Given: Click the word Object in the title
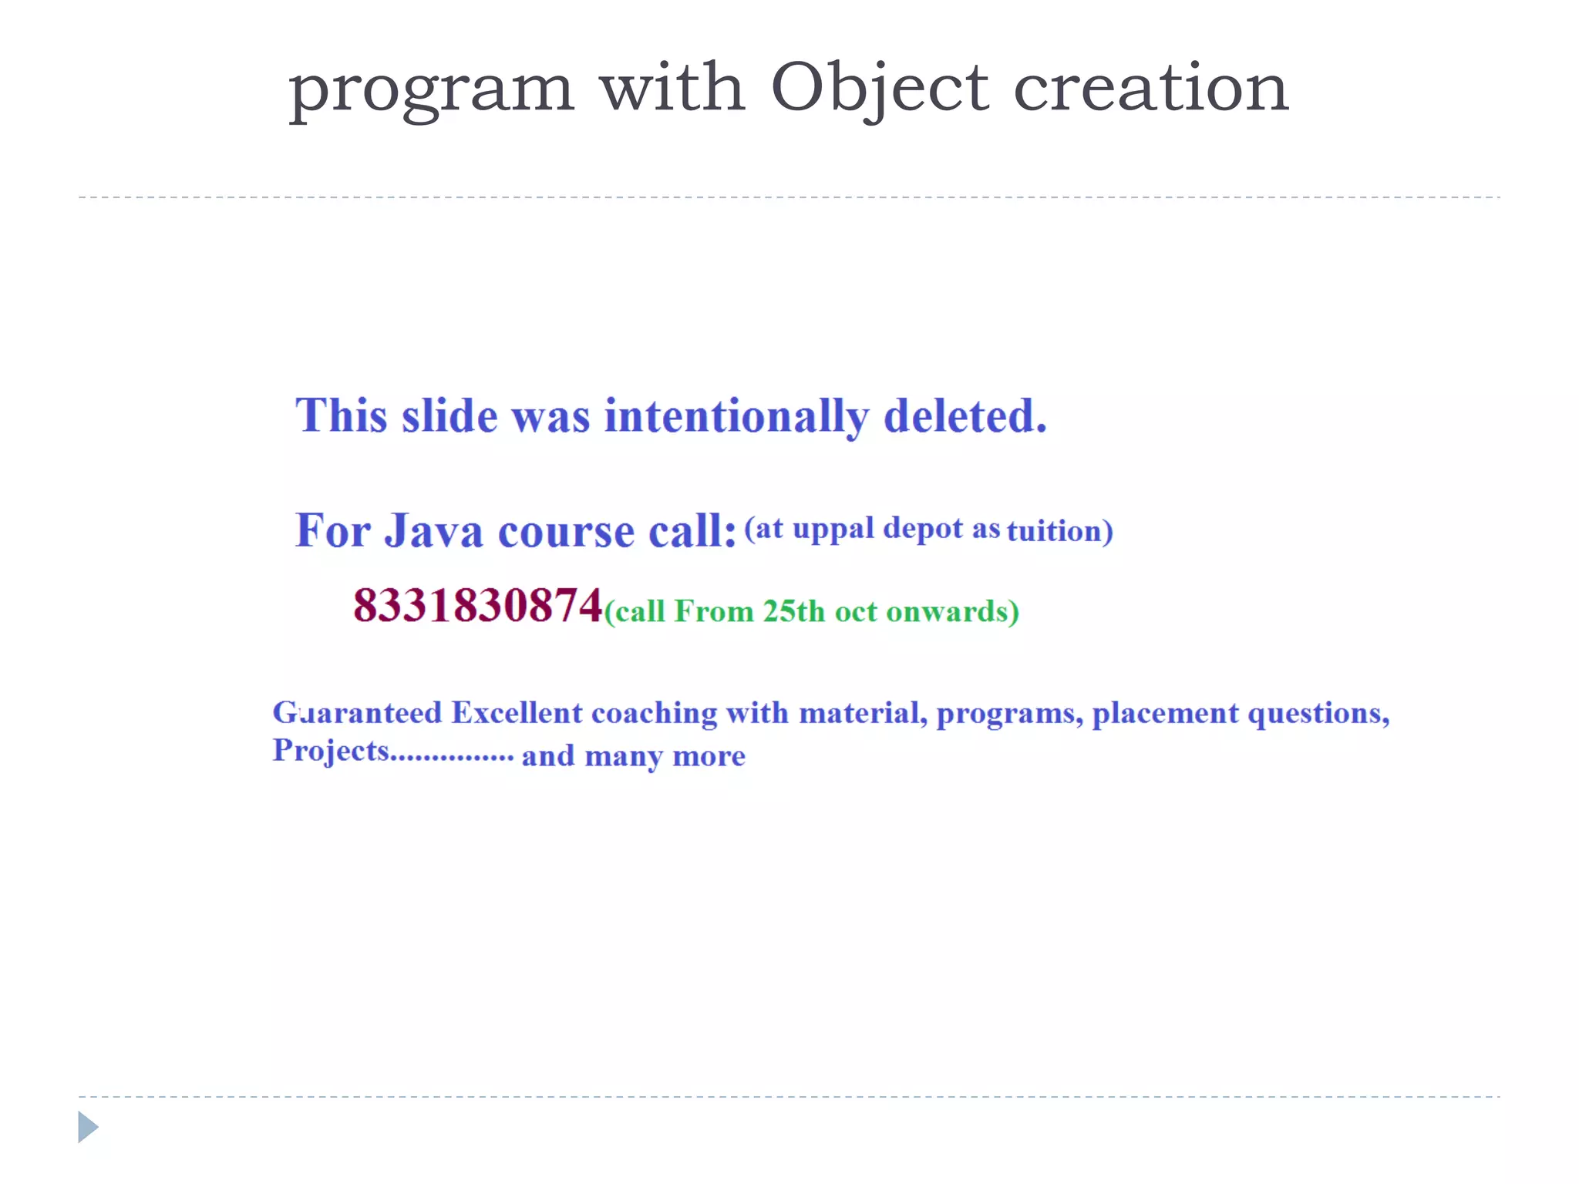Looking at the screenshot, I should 879,89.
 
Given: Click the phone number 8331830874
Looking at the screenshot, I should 477,605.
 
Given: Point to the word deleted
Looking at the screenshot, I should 965,416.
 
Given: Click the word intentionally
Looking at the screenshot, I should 736,417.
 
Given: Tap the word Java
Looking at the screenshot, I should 434,531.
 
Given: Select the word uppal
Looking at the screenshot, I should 833,530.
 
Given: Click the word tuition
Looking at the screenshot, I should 1054,531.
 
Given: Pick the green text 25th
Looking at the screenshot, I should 793,611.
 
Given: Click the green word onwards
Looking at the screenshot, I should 948,611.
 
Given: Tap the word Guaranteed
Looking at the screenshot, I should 357,713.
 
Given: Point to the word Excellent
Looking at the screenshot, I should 517,713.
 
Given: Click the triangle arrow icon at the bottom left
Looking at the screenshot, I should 88,1127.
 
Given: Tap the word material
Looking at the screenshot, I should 861,713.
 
